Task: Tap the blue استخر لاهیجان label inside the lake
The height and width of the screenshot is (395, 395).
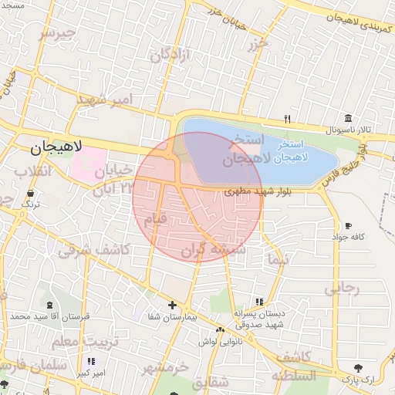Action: coord(302,150)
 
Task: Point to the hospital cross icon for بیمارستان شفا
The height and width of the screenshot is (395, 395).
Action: coord(172,305)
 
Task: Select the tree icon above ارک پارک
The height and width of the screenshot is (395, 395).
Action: coord(357,368)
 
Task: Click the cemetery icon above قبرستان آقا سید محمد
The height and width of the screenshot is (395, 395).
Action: coord(50,305)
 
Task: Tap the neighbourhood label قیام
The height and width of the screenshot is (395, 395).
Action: coord(156,219)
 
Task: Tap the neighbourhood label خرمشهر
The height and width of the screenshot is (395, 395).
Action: coord(165,367)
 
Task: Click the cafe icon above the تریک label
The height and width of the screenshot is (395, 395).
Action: coord(30,194)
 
